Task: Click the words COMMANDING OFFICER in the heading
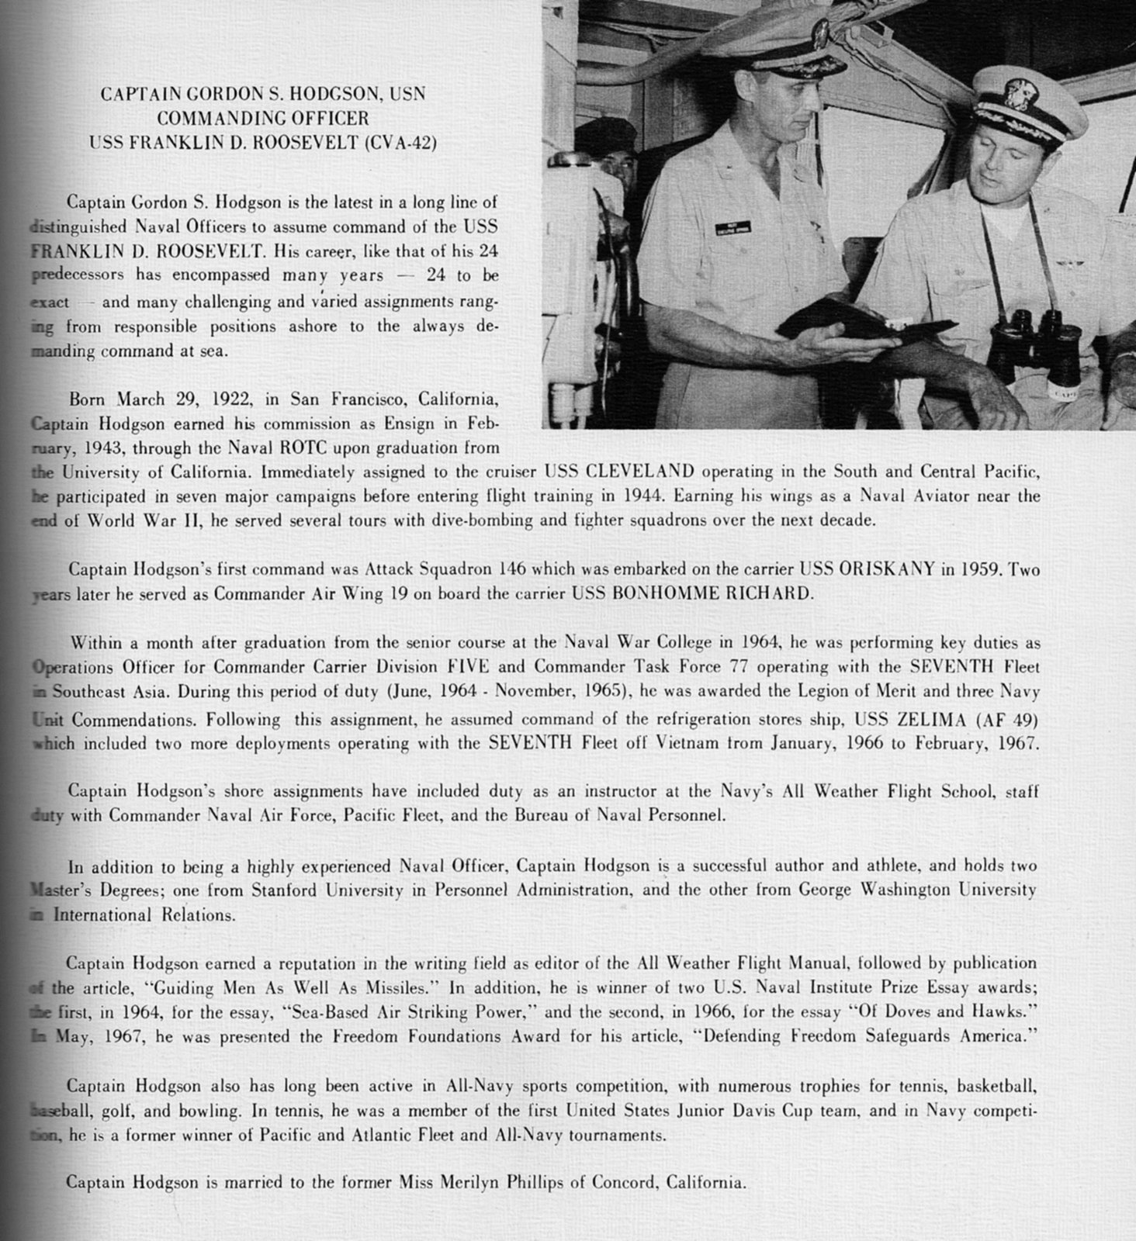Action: click(x=262, y=119)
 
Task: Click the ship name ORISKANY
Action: click(x=887, y=569)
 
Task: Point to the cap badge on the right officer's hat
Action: click(x=1017, y=95)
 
